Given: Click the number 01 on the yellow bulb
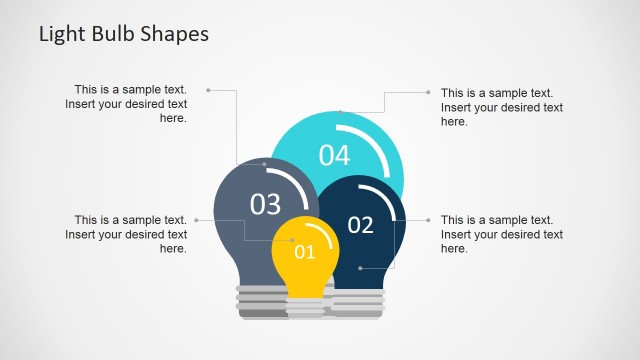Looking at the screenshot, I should (304, 252).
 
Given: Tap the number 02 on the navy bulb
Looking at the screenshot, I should (360, 225).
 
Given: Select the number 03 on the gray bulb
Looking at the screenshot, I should (265, 204).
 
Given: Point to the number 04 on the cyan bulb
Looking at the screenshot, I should (334, 155).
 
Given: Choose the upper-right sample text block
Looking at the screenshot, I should (501, 107).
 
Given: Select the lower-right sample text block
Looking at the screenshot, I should (501, 234).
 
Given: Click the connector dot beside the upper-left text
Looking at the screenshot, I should (207, 90).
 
